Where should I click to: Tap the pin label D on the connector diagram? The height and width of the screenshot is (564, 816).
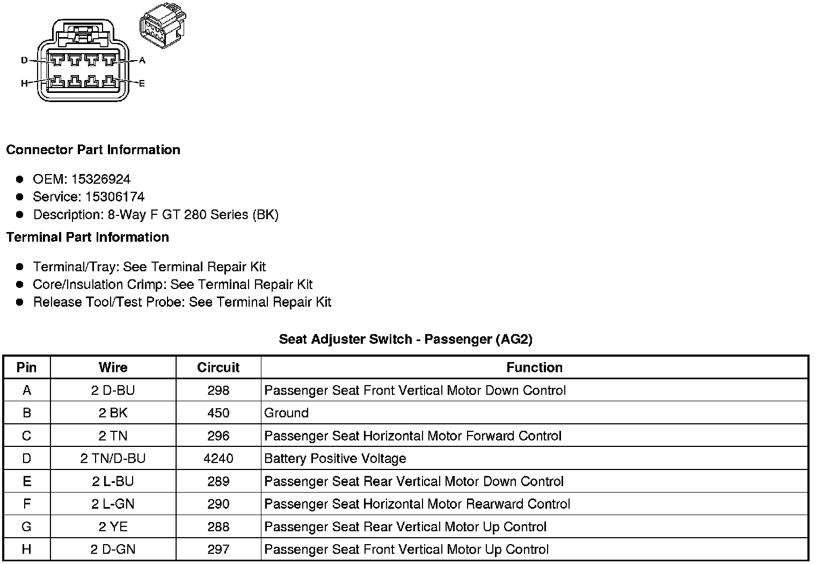click(24, 60)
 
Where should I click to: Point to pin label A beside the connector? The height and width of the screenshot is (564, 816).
click(142, 60)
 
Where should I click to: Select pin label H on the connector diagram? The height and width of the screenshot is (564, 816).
click(24, 83)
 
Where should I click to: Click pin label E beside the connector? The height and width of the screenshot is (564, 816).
click(142, 83)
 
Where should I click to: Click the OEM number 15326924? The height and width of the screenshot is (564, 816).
click(101, 179)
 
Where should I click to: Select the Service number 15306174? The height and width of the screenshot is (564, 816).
click(115, 197)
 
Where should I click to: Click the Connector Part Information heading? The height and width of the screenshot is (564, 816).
click(93, 150)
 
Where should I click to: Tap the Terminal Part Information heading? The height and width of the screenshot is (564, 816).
click(88, 237)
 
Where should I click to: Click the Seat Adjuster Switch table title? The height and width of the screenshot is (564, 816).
click(405, 339)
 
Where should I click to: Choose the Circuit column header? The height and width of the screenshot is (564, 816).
click(218, 367)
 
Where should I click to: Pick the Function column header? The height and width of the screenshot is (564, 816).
click(534, 367)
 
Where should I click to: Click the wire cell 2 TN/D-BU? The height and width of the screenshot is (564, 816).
click(113, 459)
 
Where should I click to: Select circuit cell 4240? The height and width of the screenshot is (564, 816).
click(218, 459)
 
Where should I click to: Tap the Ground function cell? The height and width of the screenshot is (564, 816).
click(287, 413)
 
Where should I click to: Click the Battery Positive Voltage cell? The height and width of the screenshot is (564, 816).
click(335, 459)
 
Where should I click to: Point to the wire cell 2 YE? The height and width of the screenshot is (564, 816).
click(113, 527)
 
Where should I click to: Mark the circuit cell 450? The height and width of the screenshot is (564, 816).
click(218, 413)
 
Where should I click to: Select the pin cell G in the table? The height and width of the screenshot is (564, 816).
click(27, 527)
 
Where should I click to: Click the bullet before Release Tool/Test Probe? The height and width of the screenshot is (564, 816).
click(20, 302)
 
